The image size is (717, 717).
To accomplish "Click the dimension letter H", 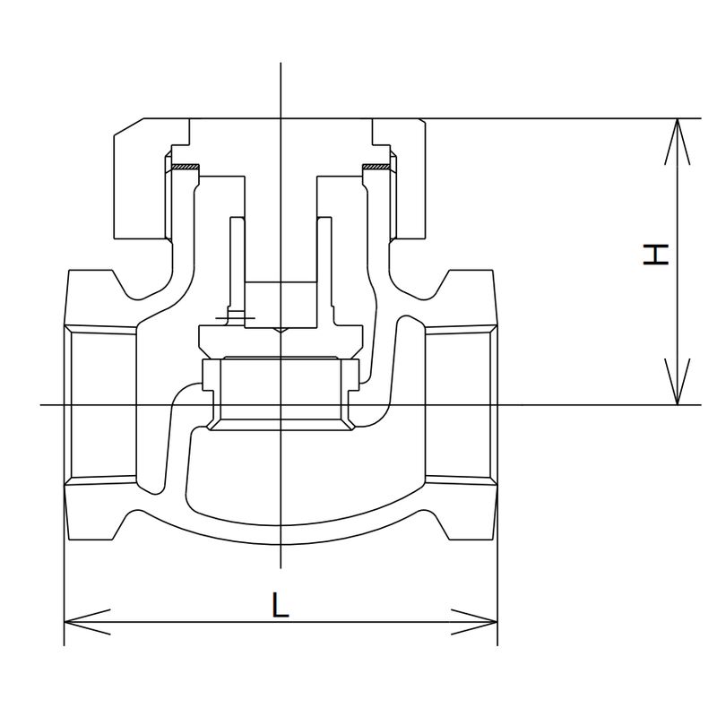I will tap(657, 255).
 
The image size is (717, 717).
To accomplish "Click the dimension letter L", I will tap(281, 607).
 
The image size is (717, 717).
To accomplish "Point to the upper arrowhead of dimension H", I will tap(677, 134).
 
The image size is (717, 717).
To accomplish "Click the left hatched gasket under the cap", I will tap(185, 168).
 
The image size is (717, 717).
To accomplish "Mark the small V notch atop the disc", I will tap(281, 331).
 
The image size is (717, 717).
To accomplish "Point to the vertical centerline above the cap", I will tap(281, 90).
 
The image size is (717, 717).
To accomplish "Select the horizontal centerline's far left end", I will tap(45, 405).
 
